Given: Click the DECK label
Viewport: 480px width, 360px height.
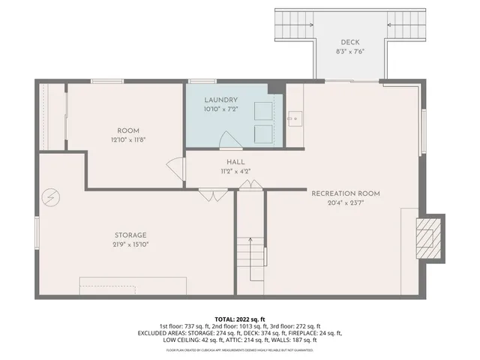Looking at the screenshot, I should tap(350, 42).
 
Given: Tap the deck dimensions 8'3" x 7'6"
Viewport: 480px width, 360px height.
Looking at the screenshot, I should tap(350, 52).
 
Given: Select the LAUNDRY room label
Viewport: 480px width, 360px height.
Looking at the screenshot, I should tap(220, 100).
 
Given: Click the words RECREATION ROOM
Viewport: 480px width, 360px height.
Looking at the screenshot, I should tap(346, 193).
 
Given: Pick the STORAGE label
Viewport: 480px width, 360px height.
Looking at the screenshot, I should tap(130, 235).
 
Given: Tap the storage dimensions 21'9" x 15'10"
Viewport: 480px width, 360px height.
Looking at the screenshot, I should tap(130, 244).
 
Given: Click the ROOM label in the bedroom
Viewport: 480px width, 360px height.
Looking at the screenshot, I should tap(128, 130).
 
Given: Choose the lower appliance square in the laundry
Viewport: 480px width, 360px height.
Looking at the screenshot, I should tap(262, 133).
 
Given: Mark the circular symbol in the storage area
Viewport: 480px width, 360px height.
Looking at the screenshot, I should tap(50, 197).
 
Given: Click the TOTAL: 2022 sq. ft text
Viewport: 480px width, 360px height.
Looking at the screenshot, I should tap(240, 319).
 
